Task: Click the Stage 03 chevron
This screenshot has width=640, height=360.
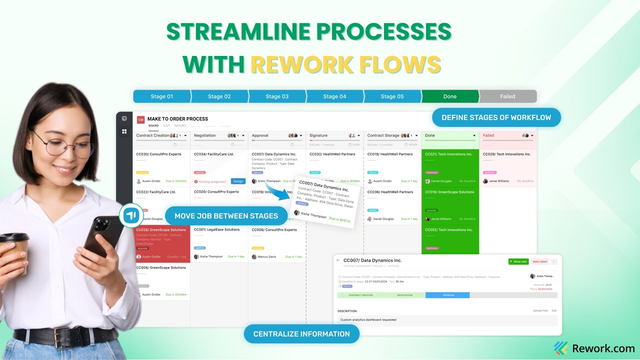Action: [x=276, y=96]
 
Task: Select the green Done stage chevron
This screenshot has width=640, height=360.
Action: [x=449, y=96]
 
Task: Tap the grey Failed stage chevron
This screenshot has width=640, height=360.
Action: [x=507, y=96]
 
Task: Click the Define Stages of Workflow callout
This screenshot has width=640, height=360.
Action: [x=496, y=117]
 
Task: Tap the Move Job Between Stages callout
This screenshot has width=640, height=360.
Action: [x=226, y=216]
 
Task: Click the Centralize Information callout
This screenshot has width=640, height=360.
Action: [x=301, y=334]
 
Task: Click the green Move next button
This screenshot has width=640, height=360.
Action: [x=518, y=261]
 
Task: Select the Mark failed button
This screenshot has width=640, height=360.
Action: [x=539, y=261]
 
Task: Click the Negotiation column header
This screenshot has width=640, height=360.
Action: [x=205, y=135]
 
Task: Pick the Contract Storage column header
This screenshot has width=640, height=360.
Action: [x=383, y=135]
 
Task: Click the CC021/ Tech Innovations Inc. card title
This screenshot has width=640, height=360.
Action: [x=448, y=154]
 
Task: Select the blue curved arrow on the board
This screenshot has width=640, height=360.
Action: [x=277, y=191]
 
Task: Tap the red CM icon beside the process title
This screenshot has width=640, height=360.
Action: [x=140, y=119]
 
